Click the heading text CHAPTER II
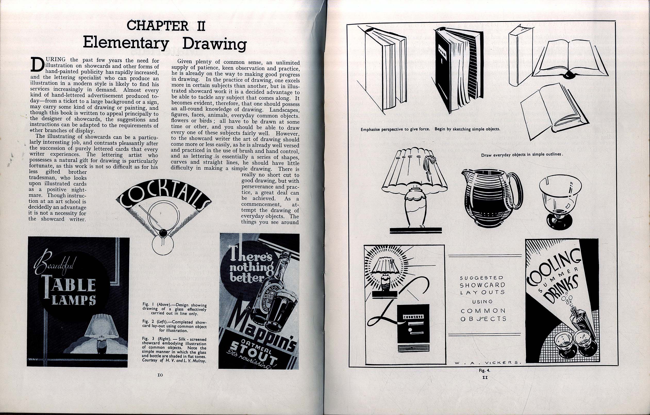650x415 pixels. pos(166,26)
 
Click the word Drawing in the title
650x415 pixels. pos(214,44)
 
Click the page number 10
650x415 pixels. pos(160,375)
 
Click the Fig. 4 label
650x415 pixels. pos(485,371)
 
